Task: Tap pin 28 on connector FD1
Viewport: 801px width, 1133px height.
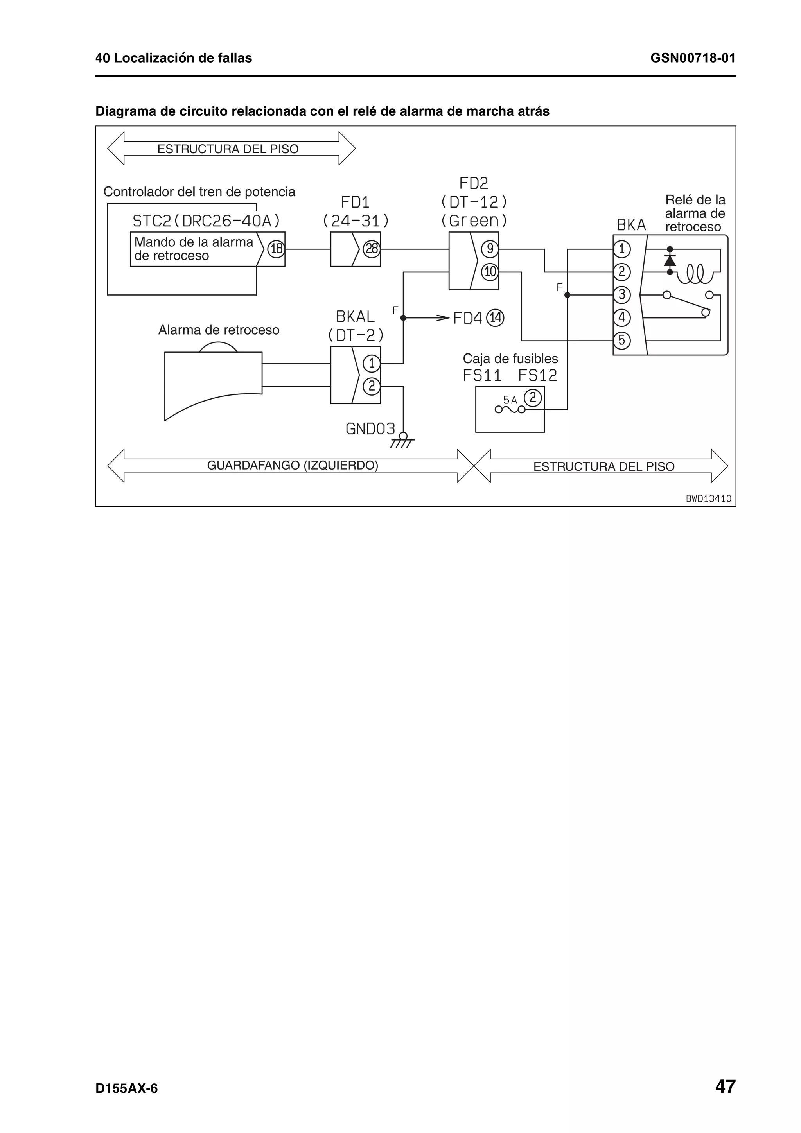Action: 371,249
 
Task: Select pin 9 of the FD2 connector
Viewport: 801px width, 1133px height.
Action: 490,249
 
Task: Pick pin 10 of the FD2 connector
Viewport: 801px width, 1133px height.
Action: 490,271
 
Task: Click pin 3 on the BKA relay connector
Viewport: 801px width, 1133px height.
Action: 621,295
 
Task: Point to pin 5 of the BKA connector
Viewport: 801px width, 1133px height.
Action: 621,340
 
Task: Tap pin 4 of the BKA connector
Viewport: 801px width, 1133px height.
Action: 621,317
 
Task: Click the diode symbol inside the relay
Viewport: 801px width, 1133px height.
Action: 670,260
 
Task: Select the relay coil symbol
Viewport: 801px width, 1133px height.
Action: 695,274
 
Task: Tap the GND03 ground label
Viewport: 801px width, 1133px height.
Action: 370,429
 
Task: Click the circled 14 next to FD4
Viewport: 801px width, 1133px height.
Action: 496,318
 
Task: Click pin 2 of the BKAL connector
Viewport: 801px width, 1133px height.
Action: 371,386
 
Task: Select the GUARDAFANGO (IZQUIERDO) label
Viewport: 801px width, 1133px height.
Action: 292,465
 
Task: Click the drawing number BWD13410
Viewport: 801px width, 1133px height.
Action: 708,498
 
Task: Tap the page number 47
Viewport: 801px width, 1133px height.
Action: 725,1086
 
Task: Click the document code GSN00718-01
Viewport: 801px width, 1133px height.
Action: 692,58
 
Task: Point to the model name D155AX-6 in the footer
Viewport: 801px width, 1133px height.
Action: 126,1088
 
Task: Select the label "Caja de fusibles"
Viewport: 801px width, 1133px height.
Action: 510,359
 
